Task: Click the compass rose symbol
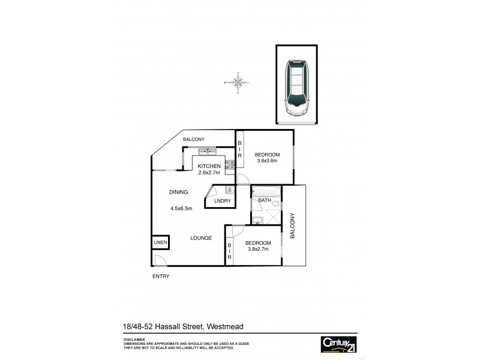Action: point(238,82)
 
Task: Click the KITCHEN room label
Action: point(210,166)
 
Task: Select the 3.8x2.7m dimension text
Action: point(259,250)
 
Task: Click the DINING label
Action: point(179,192)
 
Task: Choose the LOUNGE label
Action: point(201,238)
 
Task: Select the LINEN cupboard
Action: point(160,242)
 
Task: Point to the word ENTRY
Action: point(161,277)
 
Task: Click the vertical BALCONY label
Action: point(293,226)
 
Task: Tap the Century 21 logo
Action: point(339,344)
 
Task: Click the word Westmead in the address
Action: point(229,326)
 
